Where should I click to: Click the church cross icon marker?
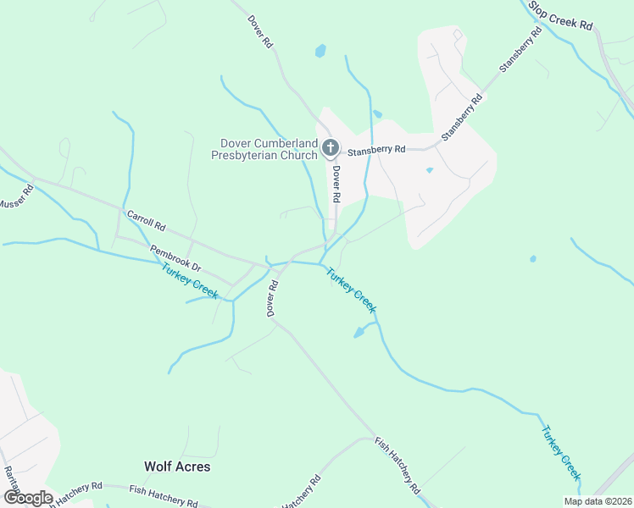[x=331, y=149]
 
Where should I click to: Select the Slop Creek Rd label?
[x=561, y=16]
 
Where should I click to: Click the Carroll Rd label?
[x=146, y=222]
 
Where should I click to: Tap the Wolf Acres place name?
[x=177, y=467]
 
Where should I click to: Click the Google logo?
[x=28, y=498]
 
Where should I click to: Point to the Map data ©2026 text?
[x=597, y=501]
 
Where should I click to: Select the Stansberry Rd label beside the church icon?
[x=376, y=149]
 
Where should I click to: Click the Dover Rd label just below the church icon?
[x=336, y=183]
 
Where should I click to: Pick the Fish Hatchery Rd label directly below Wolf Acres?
[x=163, y=494]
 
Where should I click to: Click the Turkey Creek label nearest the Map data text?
[x=561, y=452]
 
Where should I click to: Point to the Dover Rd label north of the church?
[x=260, y=30]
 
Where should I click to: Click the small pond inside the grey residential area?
[x=430, y=170]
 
